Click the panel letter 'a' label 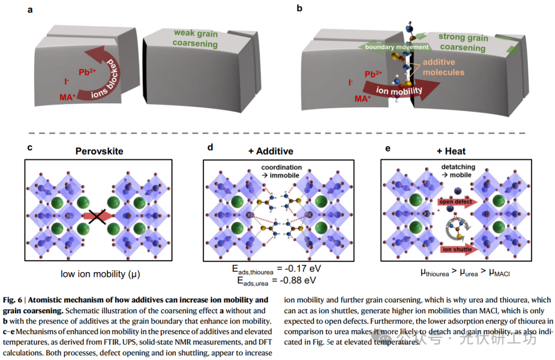(30, 9)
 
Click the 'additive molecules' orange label (442, 67)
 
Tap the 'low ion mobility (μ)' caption (100, 274)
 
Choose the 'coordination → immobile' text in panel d (281, 171)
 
